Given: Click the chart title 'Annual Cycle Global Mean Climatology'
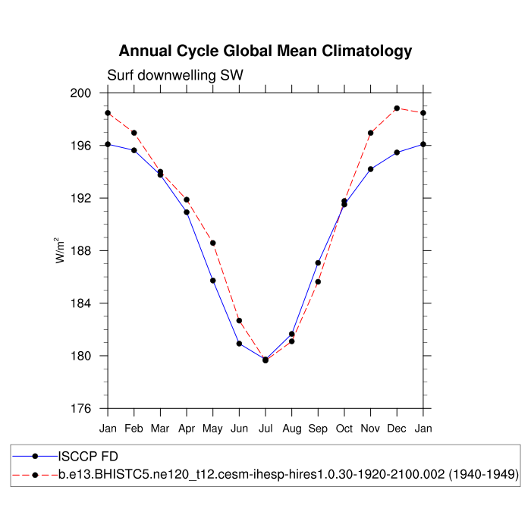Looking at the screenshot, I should [265, 52].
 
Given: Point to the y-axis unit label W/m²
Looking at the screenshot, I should [59, 250].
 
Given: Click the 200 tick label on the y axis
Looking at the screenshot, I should [90, 93].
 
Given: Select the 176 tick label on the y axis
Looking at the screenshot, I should [90, 409].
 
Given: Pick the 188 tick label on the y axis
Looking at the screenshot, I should [90, 251].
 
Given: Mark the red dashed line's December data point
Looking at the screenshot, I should [397, 108].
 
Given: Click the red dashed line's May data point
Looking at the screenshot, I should [213, 243].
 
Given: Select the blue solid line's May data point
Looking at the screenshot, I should [213, 281].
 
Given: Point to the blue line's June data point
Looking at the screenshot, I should [239, 344].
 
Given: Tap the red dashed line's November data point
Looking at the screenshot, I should [371, 133].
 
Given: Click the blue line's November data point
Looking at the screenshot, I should [371, 169].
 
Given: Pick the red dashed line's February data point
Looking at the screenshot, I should [134, 133].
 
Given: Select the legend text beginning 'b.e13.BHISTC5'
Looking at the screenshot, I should [289, 474].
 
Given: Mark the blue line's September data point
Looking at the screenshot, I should [318, 263].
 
